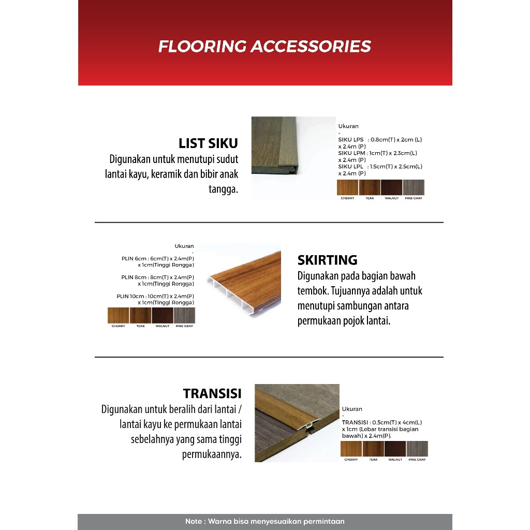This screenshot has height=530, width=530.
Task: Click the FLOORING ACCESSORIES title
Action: click(x=264, y=46)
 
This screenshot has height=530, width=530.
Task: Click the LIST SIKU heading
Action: click(x=208, y=143)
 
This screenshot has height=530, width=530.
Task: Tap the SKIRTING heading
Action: click(x=328, y=260)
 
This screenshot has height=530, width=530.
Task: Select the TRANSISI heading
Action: click(x=212, y=393)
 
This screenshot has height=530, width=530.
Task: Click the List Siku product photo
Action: click(x=293, y=158)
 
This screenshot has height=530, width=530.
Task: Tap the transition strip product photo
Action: click(x=297, y=423)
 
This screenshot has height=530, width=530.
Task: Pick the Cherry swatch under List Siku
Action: click(x=347, y=187)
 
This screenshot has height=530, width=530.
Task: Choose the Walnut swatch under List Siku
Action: click(x=391, y=187)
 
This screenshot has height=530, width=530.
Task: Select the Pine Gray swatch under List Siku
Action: click(x=414, y=187)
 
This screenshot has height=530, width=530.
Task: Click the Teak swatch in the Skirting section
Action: click(x=140, y=315)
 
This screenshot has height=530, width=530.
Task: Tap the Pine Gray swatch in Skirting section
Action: click(x=184, y=315)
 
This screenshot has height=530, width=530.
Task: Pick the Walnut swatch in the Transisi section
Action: click(x=395, y=449)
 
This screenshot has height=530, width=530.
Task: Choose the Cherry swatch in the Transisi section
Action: click(x=351, y=449)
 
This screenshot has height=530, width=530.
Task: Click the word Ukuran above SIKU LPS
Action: click(x=348, y=126)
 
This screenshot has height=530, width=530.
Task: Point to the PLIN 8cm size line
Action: click(x=158, y=280)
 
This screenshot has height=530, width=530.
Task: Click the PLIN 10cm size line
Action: click(x=156, y=299)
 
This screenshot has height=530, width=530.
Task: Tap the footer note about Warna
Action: click(x=264, y=521)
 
